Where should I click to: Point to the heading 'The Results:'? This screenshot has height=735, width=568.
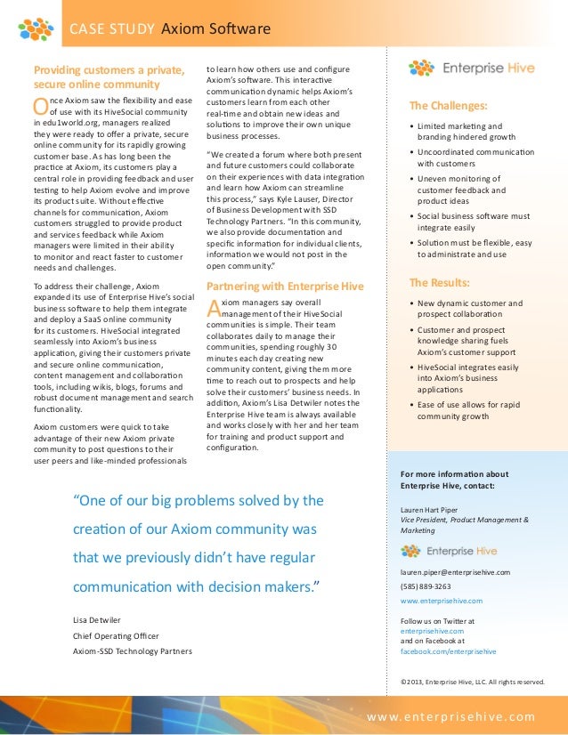point(440,282)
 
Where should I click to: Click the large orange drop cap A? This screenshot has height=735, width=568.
point(212,309)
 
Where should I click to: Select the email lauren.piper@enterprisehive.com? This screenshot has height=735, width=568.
point(455,572)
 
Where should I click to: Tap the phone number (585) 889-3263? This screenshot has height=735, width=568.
point(426,586)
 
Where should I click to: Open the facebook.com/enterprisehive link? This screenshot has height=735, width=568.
point(448,651)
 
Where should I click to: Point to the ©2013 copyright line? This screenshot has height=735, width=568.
point(472,682)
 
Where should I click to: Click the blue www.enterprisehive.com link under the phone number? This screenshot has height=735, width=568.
point(442,601)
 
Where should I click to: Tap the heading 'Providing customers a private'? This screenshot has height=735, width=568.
point(108,69)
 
